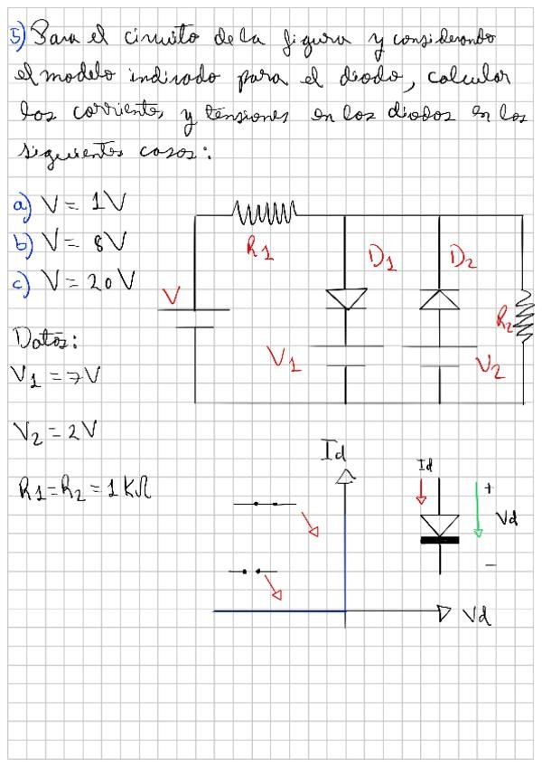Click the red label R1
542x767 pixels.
tap(260, 248)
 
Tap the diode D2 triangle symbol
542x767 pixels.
tap(440, 299)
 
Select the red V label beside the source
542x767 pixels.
tap(171, 296)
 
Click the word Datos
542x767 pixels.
tap(41, 341)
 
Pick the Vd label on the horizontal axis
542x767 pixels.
tap(478, 617)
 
